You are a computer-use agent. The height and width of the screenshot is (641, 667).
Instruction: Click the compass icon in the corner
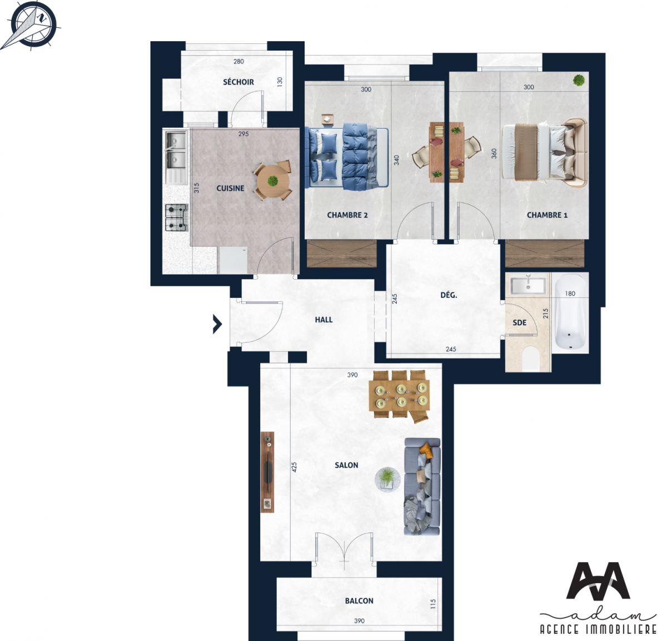[32, 23]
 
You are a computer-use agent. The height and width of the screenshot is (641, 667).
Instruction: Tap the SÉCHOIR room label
[238, 82]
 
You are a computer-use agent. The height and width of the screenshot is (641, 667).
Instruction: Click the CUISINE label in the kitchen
[230, 188]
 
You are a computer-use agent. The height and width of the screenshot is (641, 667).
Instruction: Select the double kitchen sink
[176, 151]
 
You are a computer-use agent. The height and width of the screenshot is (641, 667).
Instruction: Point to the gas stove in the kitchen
[176, 217]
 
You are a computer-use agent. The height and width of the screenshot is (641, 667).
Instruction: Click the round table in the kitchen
[272, 181]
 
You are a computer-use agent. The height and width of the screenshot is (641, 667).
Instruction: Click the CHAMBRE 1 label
[547, 215]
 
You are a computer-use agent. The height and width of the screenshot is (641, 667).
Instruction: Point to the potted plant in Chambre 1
[579, 81]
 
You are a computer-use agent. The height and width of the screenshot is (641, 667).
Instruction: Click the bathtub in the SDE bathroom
[570, 312]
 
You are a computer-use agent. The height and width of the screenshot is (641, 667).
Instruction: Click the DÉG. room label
[449, 295]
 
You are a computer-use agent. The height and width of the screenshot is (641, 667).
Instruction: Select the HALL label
[323, 320]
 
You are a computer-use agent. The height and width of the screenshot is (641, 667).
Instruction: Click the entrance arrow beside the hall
[217, 324]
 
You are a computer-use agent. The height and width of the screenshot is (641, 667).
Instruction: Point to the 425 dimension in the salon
[294, 467]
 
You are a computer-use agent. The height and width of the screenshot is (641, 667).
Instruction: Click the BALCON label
[359, 601]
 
